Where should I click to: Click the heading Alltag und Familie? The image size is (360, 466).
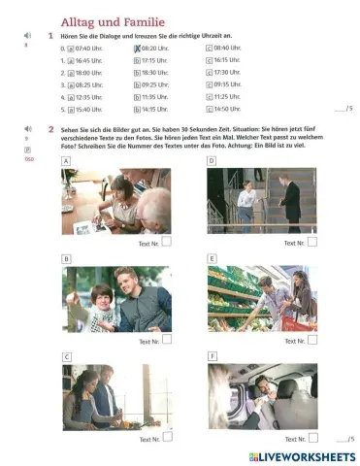112,21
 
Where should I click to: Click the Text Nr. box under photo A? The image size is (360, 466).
166,242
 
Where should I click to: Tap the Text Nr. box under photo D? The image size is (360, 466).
311,242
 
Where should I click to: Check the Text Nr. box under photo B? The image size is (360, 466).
166,340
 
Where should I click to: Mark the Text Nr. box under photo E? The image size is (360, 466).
311,340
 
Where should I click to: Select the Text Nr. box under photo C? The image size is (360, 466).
166,438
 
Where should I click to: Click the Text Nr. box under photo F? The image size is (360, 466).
311,438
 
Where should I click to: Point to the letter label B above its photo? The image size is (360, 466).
66,259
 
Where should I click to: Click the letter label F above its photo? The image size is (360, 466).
212,357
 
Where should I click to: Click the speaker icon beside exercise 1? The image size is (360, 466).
27,36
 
